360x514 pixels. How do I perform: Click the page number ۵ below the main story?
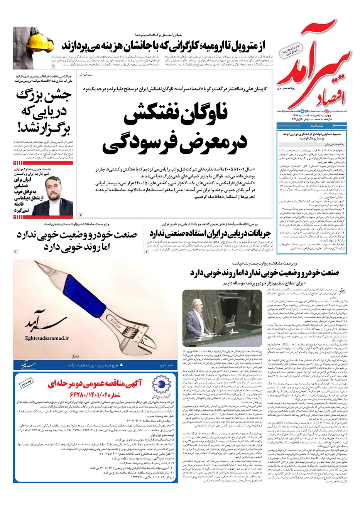point(81,214)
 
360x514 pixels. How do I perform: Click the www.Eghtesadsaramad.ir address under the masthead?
point(287,111)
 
